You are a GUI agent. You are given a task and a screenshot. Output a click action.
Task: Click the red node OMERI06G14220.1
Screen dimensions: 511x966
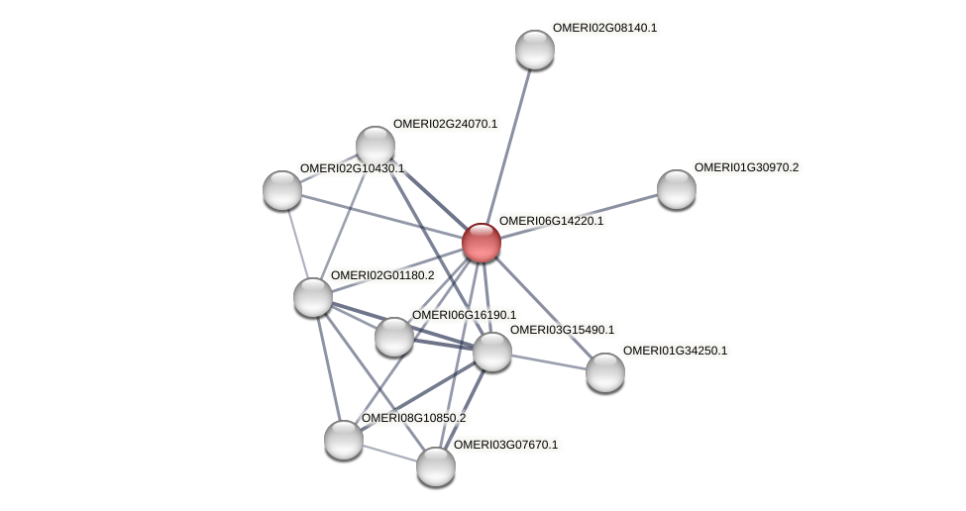tap(482, 243)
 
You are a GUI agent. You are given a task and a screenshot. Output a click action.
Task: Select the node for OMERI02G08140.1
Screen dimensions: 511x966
tap(535, 50)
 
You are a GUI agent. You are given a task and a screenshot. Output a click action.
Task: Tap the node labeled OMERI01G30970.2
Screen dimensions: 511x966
tap(677, 189)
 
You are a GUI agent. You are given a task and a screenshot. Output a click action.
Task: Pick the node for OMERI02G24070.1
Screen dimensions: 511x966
tap(376, 146)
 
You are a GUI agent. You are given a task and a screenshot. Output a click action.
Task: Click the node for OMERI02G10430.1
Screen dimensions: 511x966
tap(282, 190)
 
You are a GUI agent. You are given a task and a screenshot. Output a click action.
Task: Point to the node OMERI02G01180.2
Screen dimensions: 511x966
tap(313, 297)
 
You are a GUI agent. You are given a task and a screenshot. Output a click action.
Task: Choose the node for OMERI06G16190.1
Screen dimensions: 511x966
tap(394, 337)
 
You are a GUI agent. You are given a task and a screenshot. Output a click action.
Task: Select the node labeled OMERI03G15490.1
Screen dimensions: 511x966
tap(492, 352)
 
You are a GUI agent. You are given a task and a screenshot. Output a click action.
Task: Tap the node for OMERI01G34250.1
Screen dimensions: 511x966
tap(605, 372)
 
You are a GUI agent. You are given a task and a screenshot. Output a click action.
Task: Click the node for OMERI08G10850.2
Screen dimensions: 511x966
tap(344, 440)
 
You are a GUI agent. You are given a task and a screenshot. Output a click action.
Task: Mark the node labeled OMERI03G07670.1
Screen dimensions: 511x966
tap(435, 466)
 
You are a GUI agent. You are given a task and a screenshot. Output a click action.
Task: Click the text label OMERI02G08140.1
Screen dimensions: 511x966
tap(604, 29)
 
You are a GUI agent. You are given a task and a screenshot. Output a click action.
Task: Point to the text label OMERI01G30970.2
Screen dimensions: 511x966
tap(746, 168)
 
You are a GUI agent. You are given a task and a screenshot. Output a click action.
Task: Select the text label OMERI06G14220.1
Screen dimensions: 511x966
tap(551, 222)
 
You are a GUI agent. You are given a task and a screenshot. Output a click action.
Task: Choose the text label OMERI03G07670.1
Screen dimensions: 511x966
tap(505, 446)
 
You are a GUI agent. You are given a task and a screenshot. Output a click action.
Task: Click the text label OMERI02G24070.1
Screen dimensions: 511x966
tap(445, 125)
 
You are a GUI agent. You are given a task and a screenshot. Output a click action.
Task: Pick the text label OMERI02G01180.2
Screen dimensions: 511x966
tap(382, 275)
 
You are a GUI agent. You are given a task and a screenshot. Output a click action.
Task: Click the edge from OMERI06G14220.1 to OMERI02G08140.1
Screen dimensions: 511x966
tap(508, 146)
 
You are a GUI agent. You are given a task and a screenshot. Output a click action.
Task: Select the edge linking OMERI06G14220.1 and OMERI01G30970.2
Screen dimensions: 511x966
tap(580, 216)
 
